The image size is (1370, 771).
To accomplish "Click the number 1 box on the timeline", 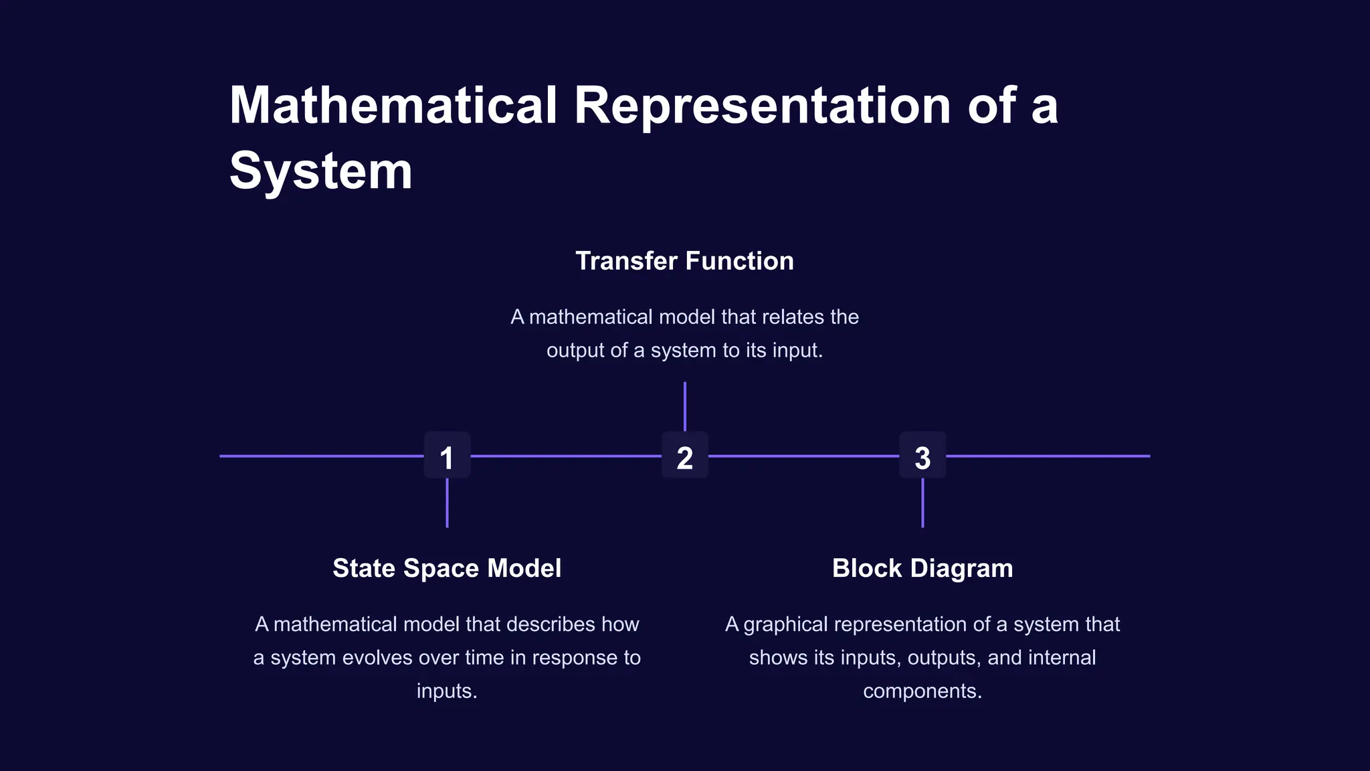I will click(447, 456).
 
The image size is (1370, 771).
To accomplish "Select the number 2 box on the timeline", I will click(684, 456).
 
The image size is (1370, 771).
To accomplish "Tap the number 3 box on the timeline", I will click(922, 456).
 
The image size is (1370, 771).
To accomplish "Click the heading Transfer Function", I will click(684, 261).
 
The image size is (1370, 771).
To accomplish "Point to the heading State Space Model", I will click(447, 568).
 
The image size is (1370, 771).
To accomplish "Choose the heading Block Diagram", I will click(922, 568).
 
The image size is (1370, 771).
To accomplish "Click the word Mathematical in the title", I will click(393, 106).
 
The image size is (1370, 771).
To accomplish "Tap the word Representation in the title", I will click(763, 106).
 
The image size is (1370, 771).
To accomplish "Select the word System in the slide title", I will click(320, 171).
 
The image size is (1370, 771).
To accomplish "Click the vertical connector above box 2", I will click(685, 406).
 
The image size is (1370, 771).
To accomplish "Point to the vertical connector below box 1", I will click(447, 503).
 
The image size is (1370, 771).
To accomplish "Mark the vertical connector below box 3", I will click(922, 503).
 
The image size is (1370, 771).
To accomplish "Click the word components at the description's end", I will click(922, 691).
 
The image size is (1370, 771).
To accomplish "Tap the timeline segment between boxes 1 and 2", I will click(566, 456).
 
